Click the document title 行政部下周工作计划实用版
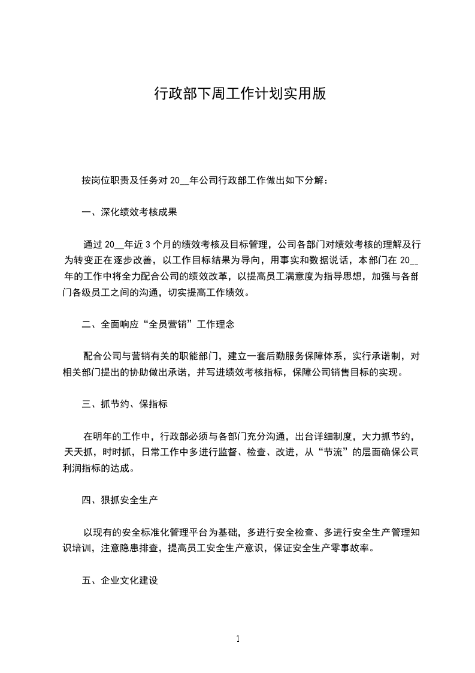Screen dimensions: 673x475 [x=240, y=94]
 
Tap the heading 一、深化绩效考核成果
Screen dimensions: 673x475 [x=130, y=212]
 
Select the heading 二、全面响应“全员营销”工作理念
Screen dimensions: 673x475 [x=158, y=325]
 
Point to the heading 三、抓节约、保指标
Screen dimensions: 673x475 [x=125, y=404]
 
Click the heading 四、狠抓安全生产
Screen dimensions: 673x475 [x=120, y=499]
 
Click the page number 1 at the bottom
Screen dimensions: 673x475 [x=238, y=639]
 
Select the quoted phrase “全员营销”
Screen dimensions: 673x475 [x=169, y=325]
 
